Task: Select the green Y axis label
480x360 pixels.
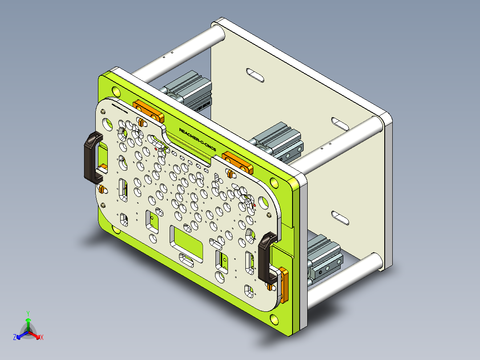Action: [28, 313]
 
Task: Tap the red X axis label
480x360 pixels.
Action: [42, 338]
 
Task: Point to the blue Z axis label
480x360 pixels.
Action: [14, 338]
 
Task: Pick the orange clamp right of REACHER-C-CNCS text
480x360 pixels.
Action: [238, 161]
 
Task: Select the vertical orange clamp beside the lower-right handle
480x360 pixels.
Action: [284, 284]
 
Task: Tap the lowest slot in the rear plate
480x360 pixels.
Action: [341, 217]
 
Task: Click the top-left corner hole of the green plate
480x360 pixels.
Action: [117, 91]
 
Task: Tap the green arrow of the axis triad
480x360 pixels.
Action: [28, 323]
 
